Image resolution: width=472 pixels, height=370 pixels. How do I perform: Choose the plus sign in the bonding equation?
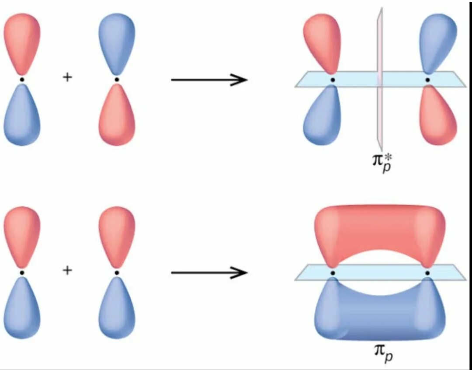click(67, 270)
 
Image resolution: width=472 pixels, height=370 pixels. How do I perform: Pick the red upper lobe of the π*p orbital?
click(321, 42)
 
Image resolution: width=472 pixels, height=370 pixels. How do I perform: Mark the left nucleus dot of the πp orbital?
click(333, 273)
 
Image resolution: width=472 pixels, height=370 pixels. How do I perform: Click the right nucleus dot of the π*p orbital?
click(427, 80)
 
